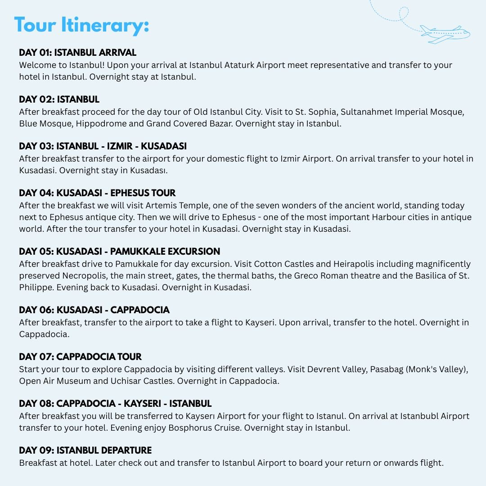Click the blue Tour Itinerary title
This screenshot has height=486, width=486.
tap(81, 25)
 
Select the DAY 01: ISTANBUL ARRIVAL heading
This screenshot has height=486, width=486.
tap(77, 53)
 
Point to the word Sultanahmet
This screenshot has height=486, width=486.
tap(366, 112)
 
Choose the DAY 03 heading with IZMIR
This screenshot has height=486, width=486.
tap(103, 146)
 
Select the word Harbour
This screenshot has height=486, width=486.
tap(390, 217)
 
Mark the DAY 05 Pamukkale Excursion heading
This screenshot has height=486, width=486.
tap(119, 252)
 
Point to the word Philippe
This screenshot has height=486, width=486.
tap(37, 287)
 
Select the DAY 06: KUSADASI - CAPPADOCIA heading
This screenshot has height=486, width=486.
tap(94, 310)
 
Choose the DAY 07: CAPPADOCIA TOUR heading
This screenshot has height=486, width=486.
tap(80, 357)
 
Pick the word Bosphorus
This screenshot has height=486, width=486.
tap(189, 427)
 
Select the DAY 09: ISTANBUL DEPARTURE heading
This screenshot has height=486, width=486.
tap(85, 450)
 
